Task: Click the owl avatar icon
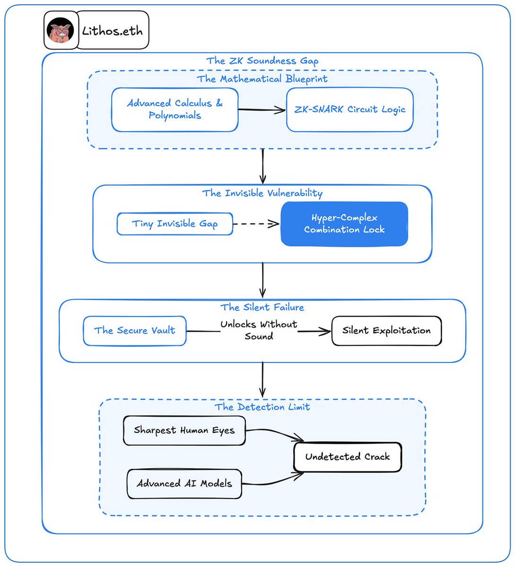tap(60, 30)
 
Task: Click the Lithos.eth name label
tap(113, 31)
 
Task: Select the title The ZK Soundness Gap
tap(262, 61)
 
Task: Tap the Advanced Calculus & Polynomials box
tap(175, 110)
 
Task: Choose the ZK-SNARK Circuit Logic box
tap(350, 110)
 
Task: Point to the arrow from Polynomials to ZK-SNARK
tap(262, 110)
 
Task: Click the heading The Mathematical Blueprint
tap(262, 79)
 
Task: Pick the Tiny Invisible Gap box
tap(175, 224)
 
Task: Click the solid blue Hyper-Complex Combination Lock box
tap(344, 224)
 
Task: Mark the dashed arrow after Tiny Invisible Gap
tap(256, 224)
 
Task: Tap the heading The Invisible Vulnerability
tap(262, 193)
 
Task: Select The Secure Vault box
tap(135, 331)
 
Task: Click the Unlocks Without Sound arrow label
tap(259, 330)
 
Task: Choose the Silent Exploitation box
tap(386, 331)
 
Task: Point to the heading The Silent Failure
tap(262, 307)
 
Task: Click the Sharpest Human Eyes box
tap(184, 430)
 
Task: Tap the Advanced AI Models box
tap(184, 484)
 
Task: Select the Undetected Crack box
tap(348, 457)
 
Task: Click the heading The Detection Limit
tap(262, 407)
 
